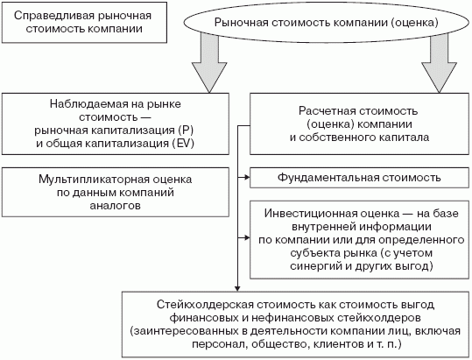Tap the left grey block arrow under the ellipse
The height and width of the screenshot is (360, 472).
209,63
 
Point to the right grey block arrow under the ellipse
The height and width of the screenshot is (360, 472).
440,63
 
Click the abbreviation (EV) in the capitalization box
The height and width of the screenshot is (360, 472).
183,144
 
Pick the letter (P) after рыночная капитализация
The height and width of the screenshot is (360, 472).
186,131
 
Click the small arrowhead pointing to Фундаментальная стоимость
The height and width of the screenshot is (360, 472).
247,178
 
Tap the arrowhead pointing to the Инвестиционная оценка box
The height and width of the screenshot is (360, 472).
247,237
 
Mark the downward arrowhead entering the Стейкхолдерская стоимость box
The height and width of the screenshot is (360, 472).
237,288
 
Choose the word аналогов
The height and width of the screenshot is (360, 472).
116,206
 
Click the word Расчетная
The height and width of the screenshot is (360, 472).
326,111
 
